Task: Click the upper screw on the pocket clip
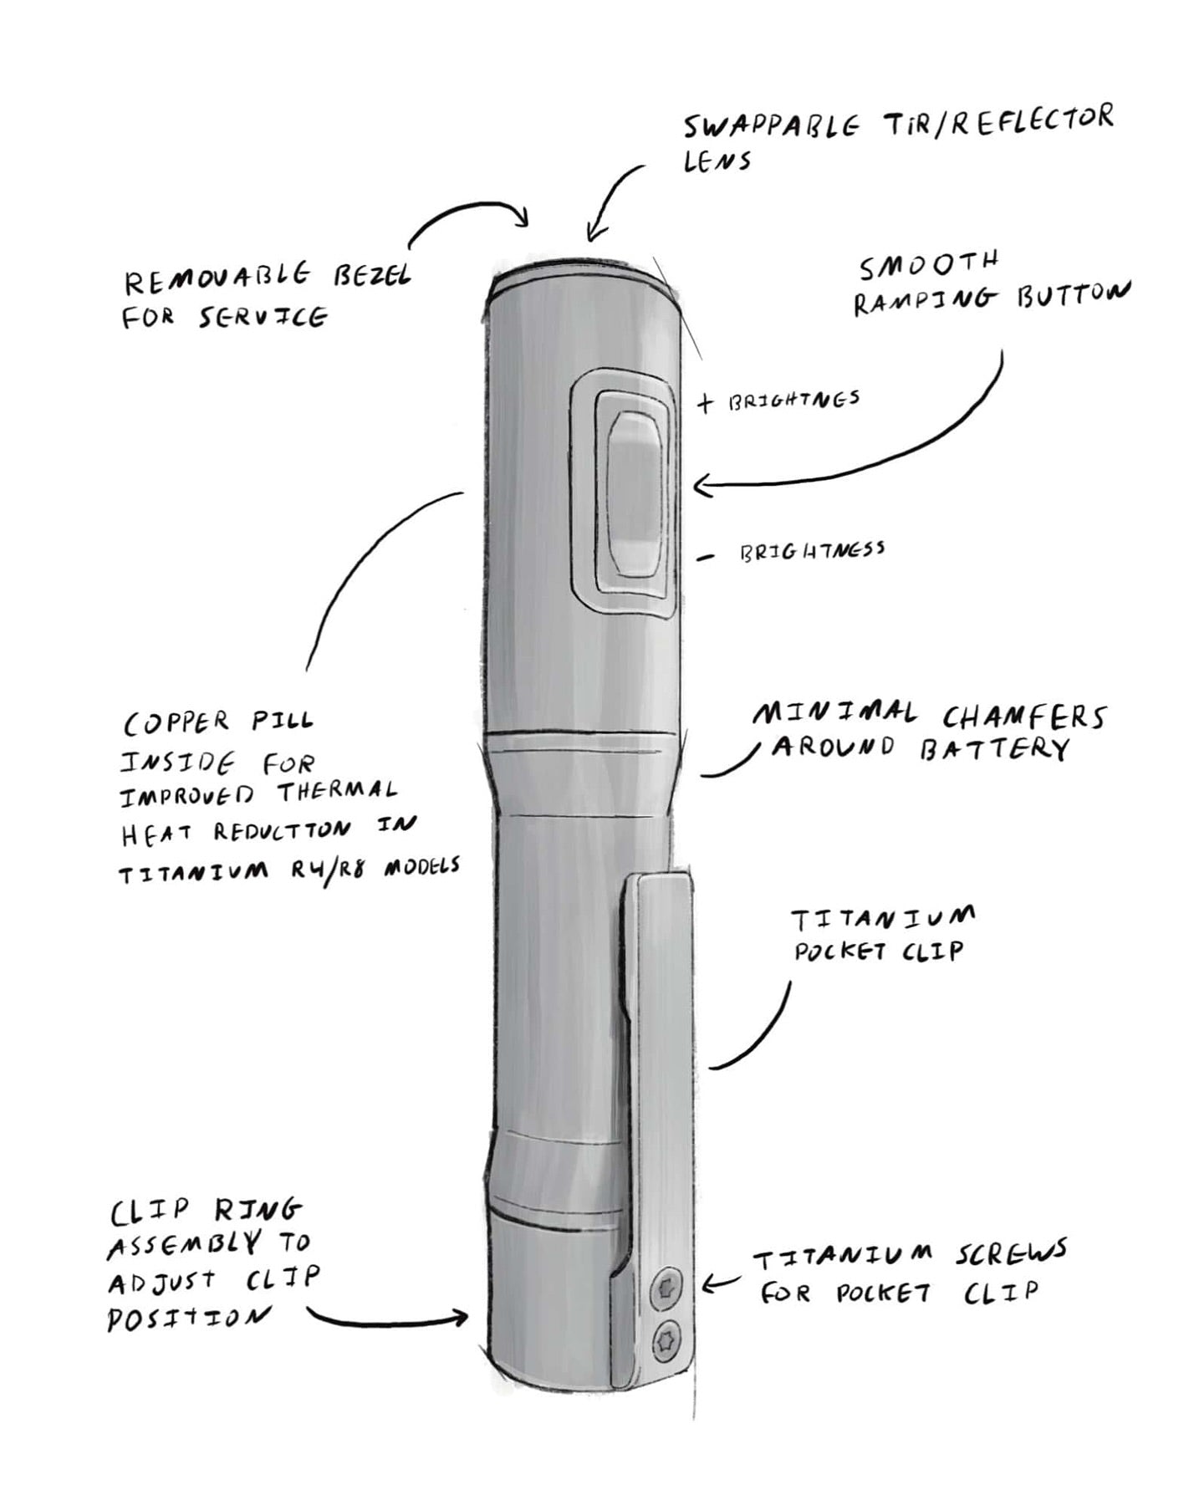(x=666, y=1287)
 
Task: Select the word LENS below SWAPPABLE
(x=717, y=161)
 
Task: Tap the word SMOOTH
(x=929, y=266)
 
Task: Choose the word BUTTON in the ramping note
(x=1073, y=295)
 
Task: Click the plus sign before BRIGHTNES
(x=706, y=403)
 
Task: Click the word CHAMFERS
(x=1023, y=717)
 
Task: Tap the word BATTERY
(x=994, y=749)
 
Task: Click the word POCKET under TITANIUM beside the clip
(x=839, y=951)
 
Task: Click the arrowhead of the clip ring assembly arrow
(x=462, y=1318)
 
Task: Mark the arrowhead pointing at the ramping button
(x=699, y=484)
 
